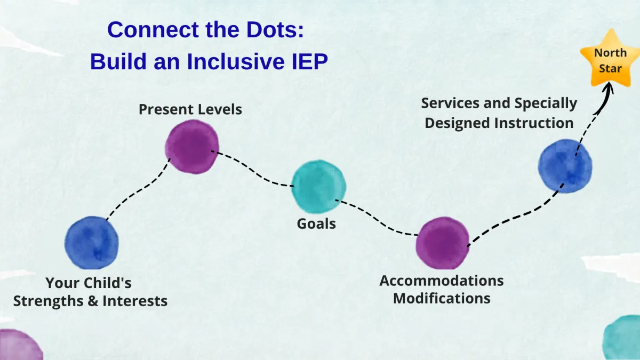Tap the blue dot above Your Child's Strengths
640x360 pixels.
92,243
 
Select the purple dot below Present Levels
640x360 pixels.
192,147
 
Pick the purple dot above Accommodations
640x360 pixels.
443,243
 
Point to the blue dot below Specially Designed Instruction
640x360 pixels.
565,166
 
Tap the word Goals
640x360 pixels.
316,223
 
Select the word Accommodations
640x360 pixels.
441,281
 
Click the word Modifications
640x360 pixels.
442,298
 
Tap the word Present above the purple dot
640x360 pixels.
163,109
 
